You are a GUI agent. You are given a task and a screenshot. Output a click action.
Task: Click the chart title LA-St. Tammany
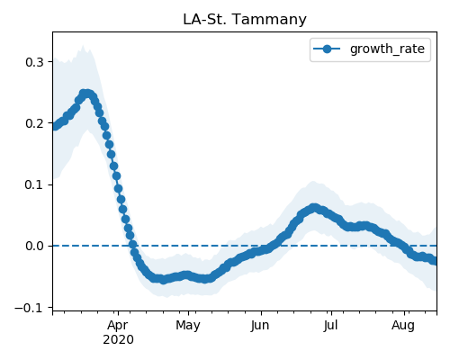point(245,20)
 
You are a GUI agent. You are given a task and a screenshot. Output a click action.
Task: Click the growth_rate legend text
point(387,49)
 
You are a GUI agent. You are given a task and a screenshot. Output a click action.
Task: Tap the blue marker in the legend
point(327,49)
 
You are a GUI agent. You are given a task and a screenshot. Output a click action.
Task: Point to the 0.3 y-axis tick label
point(34,62)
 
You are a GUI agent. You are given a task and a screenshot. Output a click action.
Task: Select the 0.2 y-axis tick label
point(34,123)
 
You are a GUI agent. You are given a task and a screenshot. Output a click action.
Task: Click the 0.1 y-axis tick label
point(34,184)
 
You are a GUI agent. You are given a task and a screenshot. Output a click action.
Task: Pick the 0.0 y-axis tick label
point(34,246)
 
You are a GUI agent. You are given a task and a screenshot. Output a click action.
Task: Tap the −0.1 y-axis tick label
point(29,308)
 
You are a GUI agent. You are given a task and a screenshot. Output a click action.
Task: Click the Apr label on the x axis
point(118,325)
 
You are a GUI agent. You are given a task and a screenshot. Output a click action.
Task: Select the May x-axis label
point(188,325)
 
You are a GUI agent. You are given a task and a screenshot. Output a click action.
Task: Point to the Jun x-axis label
point(260,325)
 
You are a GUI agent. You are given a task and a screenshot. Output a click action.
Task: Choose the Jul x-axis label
point(331,325)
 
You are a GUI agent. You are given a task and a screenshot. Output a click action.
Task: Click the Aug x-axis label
point(403,325)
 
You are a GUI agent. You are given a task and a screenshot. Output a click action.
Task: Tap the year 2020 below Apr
point(118,340)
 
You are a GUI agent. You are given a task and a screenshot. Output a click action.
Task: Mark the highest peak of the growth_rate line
point(86,94)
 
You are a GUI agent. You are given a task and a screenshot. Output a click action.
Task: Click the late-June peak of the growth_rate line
point(314,208)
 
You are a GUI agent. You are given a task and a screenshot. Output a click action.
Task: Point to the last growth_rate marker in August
point(434,261)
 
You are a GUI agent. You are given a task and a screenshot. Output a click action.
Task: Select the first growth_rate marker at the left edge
point(55,126)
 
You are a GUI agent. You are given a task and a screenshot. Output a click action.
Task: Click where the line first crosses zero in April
point(132,246)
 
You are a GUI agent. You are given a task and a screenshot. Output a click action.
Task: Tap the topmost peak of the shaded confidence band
point(83,46)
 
